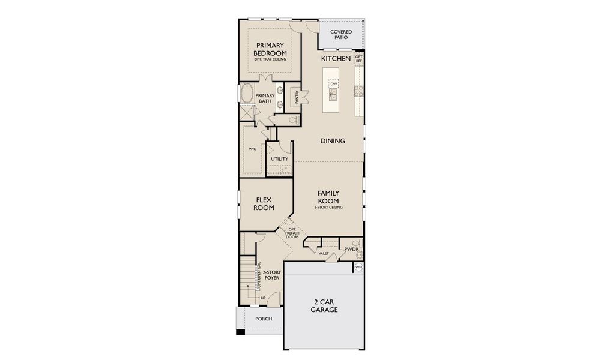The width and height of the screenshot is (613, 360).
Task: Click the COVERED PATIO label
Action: pos(340,34)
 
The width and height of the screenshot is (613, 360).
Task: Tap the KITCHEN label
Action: pos(336,59)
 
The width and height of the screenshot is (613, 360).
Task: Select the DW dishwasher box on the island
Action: pos(325,84)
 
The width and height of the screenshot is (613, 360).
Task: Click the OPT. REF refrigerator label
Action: pos(359,59)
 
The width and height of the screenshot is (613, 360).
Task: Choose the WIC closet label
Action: pos(252,148)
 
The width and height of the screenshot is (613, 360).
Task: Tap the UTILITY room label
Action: pos(279,159)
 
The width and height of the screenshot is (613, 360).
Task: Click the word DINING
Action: pos(332,141)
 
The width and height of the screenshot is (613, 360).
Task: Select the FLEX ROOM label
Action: pos(265,204)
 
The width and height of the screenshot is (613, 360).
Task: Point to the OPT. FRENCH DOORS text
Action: pos(292,233)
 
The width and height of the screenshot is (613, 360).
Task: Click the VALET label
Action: pos(324,253)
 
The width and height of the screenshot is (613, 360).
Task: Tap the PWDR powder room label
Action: pos(351,249)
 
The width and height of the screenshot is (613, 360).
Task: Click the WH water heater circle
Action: pos(359,268)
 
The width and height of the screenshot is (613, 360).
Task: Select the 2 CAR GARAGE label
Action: pos(324,305)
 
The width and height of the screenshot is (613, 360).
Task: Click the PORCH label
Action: pos(264,319)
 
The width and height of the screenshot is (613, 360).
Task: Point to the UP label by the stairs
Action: pos(262,298)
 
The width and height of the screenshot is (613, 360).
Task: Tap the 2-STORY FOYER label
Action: pos(272,275)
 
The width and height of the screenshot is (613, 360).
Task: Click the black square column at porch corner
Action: pos(240,332)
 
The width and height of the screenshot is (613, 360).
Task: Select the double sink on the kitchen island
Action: pos(333,94)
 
